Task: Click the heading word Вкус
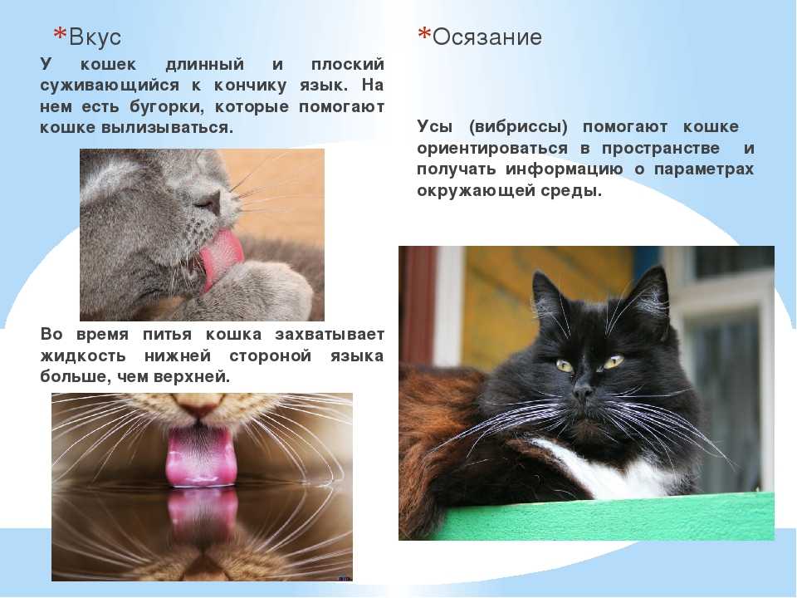[95, 37]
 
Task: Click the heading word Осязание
[487, 37]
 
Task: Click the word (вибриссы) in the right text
[518, 126]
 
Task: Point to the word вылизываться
[167, 127]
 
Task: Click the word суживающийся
[110, 86]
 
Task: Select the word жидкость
[83, 355]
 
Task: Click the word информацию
[564, 169]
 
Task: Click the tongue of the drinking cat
[201, 456]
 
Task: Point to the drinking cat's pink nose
[200, 405]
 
